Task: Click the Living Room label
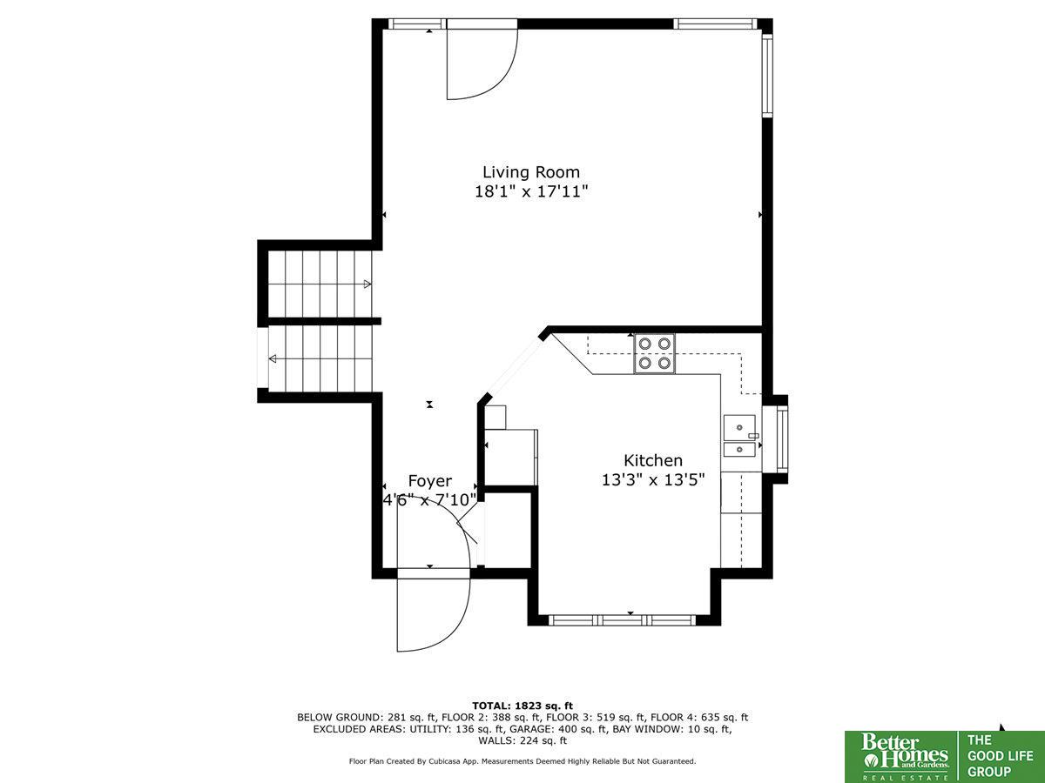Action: pyautogui.click(x=531, y=172)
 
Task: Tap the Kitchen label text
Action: pyautogui.click(x=653, y=460)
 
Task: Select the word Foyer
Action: pyautogui.click(x=430, y=481)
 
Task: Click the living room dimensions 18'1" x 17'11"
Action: pyautogui.click(x=531, y=191)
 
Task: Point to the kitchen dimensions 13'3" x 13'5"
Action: pyautogui.click(x=653, y=479)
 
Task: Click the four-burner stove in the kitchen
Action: pyautogui.click(x=654, y=354)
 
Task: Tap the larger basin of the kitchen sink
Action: pyautogui.click(x=739, y=428)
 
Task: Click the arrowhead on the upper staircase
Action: pyautogui.click(x=367, y=284)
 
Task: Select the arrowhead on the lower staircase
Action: pyautogui.click(x=273, y=358)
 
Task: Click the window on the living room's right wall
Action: pyautogui.click(x=767, y=75)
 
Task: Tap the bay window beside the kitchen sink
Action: pyautogui.click(x=782, y=439)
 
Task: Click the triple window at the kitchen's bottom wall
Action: pyautogui.click(x=622, y=620)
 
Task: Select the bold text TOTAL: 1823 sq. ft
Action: pyautogui.click(x=522, y=706)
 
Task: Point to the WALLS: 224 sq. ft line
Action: pyautogui.click(x=522, y=740)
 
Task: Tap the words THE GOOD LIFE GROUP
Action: pyautogui.click(x=1000, y=755)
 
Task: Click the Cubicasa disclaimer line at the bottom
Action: pyautogui.click(x=522, y=761)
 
